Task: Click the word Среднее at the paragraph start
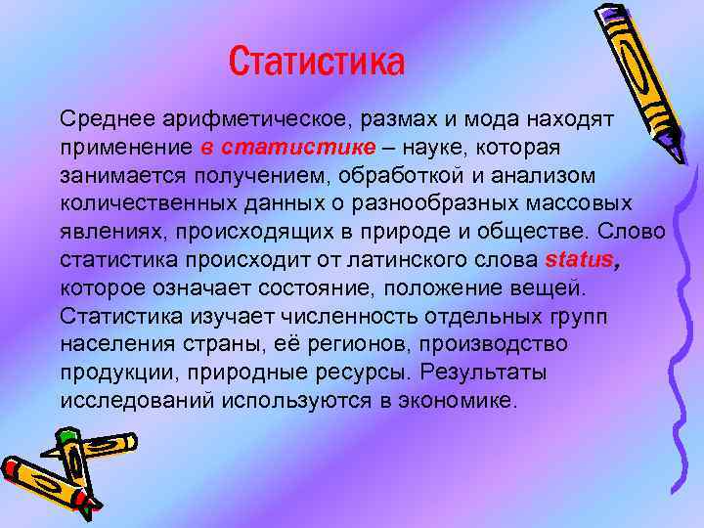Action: point(102,119)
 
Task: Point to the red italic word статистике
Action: point(298,148)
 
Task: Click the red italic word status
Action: point(579,261)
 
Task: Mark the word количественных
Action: point(132,204)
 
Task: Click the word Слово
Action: point(633,233)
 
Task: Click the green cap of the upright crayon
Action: point(67,434)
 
